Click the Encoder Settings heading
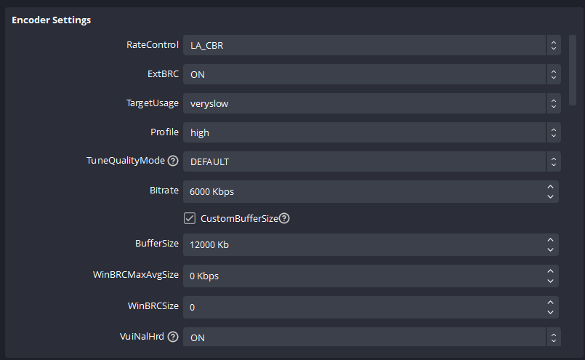tap(51, 20)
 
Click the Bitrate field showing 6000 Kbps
tap(363, 191)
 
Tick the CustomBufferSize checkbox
tap(190, 218)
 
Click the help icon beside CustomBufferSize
tap(284, 218)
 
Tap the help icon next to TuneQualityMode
tap(173, 161)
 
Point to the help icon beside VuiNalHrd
tap(173, 337)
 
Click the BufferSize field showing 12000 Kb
tap(363, 245)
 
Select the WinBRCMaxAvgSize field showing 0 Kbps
tap(363, 276)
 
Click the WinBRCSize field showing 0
tap(363, 307)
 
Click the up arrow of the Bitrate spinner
tap(551, 186)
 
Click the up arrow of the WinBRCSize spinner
tap(551, 302)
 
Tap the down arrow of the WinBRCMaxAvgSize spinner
tap(551, 281)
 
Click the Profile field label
tap(164, 132)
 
